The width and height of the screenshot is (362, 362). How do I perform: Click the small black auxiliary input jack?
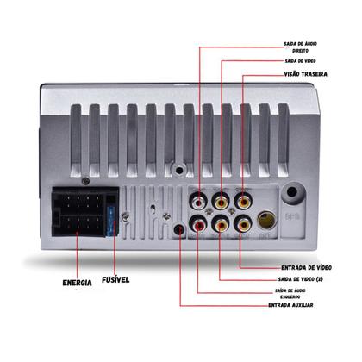(179, 230)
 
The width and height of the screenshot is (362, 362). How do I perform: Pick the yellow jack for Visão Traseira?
(243, 201)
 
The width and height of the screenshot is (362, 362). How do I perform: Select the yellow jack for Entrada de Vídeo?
(243, 225)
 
